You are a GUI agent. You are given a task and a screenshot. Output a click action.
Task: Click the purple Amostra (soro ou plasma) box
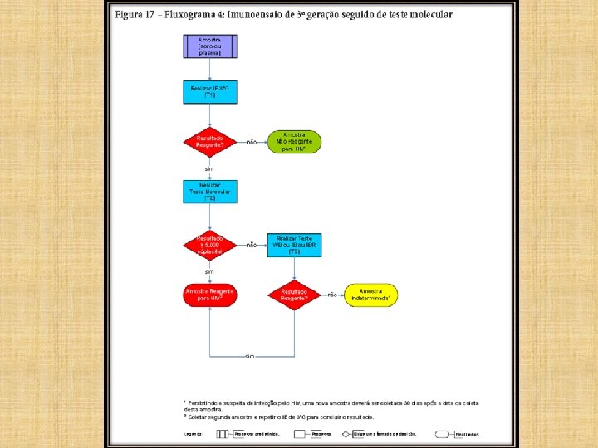click(x=210, y=46)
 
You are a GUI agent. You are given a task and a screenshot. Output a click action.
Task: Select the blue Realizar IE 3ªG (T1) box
click(x=210, y=91)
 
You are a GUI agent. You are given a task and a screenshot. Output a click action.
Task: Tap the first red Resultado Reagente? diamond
click(x=210, y=141)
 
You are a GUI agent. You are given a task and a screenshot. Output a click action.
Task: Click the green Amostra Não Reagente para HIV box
click(x=293, y=141)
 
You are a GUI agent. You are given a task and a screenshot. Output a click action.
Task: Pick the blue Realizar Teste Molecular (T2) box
click(x=210, y=192)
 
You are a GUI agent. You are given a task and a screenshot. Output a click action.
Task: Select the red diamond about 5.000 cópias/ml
click(x=210, y=245)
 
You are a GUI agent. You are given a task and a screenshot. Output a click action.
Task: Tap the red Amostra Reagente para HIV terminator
click(x=210, y=295)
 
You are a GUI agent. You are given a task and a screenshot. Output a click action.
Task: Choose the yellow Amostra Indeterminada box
click(x=370, y=295)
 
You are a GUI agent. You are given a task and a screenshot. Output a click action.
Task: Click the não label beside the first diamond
click(x=252, y=141)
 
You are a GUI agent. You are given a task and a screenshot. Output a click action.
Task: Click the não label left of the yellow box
click(x=332, y=295)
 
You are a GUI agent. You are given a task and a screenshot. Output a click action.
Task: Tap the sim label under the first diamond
click(x=210, y=168)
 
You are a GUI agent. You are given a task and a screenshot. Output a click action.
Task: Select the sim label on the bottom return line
click(x=248, y=356)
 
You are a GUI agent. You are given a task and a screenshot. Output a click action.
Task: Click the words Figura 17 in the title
click(x=135, y=15)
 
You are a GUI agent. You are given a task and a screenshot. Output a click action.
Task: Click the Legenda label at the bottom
click(x=194, y=433)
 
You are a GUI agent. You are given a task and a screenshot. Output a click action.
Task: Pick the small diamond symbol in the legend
click(x=346, y=433)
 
